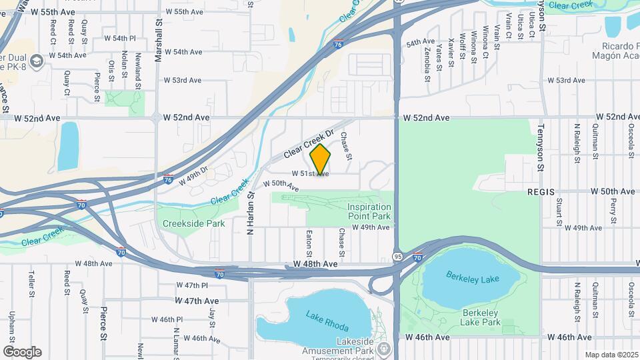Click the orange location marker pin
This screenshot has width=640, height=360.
pos(321,160)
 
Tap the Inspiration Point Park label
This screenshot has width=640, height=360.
pos(369,211)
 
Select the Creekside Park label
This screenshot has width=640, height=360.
pos(193,224)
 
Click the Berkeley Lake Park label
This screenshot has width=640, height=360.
pos(481,317)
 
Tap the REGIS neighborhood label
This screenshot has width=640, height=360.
pos(541,191)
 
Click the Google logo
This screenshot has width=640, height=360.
pos(22,352)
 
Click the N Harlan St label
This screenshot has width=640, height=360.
pos(251,212)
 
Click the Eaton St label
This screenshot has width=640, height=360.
pos(309,243)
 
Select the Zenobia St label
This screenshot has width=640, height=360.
pos(427,58)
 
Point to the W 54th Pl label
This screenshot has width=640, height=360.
pos(119,39)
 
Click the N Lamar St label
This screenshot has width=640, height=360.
pos(176,340)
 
